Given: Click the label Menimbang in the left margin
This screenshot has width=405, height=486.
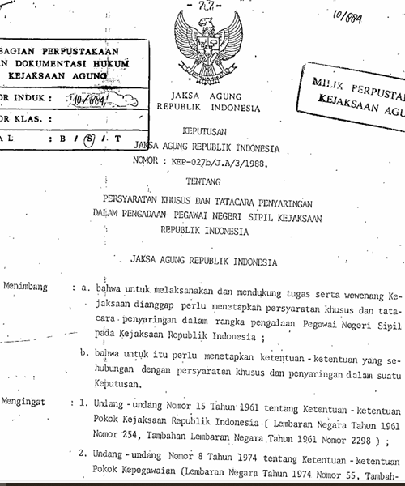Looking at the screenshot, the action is pos(25,287).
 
